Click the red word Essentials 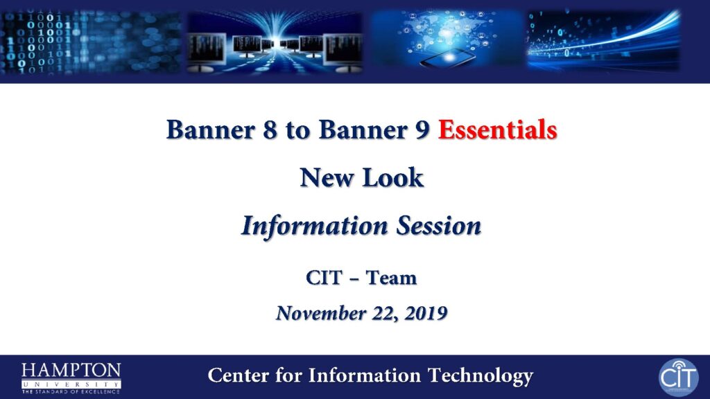(497, 130)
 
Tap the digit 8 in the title (270, 130)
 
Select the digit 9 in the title (422, 130)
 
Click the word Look (393, 177)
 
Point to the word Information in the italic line (315, 226)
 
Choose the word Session (439, 225)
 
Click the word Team (391, 278)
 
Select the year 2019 (426, 313)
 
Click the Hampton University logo (71, 378)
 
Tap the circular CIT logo (678, 378)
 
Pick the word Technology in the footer (480, 376)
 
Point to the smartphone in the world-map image (447, 58)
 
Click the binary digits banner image (91, 42)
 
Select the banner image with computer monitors (275, 42)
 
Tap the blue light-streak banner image (604, 41)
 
